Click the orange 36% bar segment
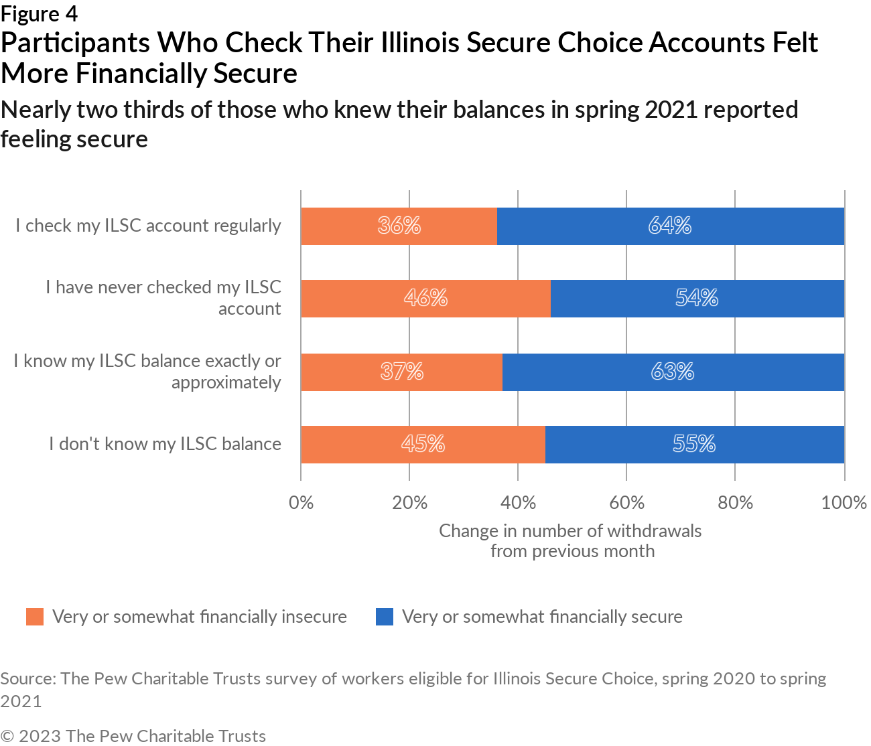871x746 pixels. click(399, 226)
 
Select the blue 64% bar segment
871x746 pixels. click(670, 226)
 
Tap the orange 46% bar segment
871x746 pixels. click(425, 298)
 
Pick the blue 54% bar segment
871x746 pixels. click(697, 298)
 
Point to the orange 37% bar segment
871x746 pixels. click(401, 372)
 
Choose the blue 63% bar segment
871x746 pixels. click(673, 372)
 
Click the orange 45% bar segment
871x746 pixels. click(423, 444)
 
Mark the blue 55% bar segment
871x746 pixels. click(694, 444)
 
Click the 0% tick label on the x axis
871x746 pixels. click(301, 502)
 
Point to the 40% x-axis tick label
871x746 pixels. click(518, 502)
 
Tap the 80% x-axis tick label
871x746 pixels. click(735, 502)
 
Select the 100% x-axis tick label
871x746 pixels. click(844, 502)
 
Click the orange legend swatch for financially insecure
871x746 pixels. click(35, 617)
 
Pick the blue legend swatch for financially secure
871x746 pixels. click(385, 617)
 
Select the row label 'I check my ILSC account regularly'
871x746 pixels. click(148, 226)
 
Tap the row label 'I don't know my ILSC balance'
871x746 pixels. click(165, 444)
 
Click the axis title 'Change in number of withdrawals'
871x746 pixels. click(570, 531)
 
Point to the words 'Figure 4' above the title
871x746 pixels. click(39, 13)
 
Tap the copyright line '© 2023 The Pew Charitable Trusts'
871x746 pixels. click(133, 736)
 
